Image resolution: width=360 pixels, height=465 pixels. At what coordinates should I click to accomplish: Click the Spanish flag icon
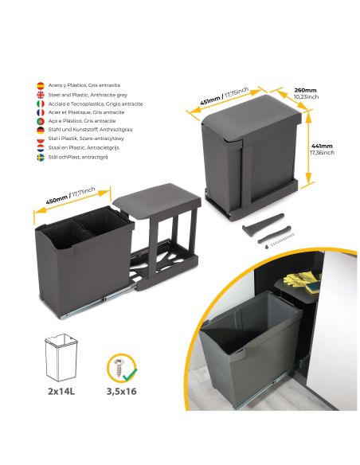[41, 84]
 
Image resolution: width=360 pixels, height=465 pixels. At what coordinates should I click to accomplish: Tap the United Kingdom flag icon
[41, 94]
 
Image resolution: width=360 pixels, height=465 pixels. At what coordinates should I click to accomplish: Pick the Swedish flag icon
[41, 157]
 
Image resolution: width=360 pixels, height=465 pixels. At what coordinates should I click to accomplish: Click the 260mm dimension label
[304, 91]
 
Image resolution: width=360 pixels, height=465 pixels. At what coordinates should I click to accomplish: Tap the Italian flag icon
[41, 103]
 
